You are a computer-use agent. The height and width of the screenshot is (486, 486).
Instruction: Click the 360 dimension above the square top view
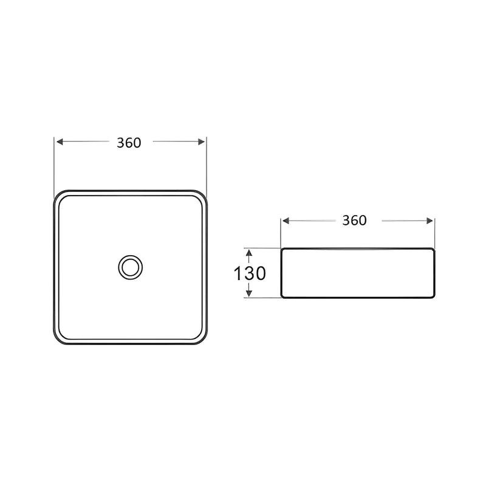[129, 143]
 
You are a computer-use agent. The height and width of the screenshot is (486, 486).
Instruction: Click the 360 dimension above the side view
[354, 221]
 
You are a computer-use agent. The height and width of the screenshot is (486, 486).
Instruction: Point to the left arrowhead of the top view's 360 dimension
[60, 142]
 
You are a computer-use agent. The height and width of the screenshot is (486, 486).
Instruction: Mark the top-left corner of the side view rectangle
[282, 249]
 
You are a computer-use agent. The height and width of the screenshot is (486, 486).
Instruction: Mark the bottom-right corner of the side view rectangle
[433, 296]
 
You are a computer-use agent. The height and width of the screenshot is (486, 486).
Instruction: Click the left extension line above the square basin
[55, 164]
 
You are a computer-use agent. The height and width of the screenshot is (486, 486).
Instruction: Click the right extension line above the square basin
[207, 164]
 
